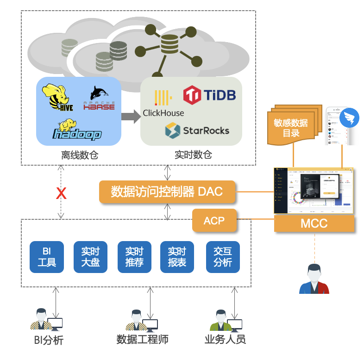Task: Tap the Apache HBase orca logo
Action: tap(99, 99)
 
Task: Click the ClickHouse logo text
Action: tap(163, 112)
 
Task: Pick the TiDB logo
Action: tap(209, 95)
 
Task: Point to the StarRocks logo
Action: tap(197, 130)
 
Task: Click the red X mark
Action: tap(61, 193)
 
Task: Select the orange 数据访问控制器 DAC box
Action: tap(167, 192)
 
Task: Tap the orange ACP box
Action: tap(214, 221)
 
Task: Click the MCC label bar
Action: tap(314, 223)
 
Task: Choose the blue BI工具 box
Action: tap(46, 257)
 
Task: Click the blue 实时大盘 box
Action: tap(90, 257)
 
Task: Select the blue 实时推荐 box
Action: tap(134, 257)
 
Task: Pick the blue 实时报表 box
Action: tap(177, 257)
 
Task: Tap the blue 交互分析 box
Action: tap(223, 257)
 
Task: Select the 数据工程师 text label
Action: tap(142, 340)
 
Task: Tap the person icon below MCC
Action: tap(314, 279)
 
